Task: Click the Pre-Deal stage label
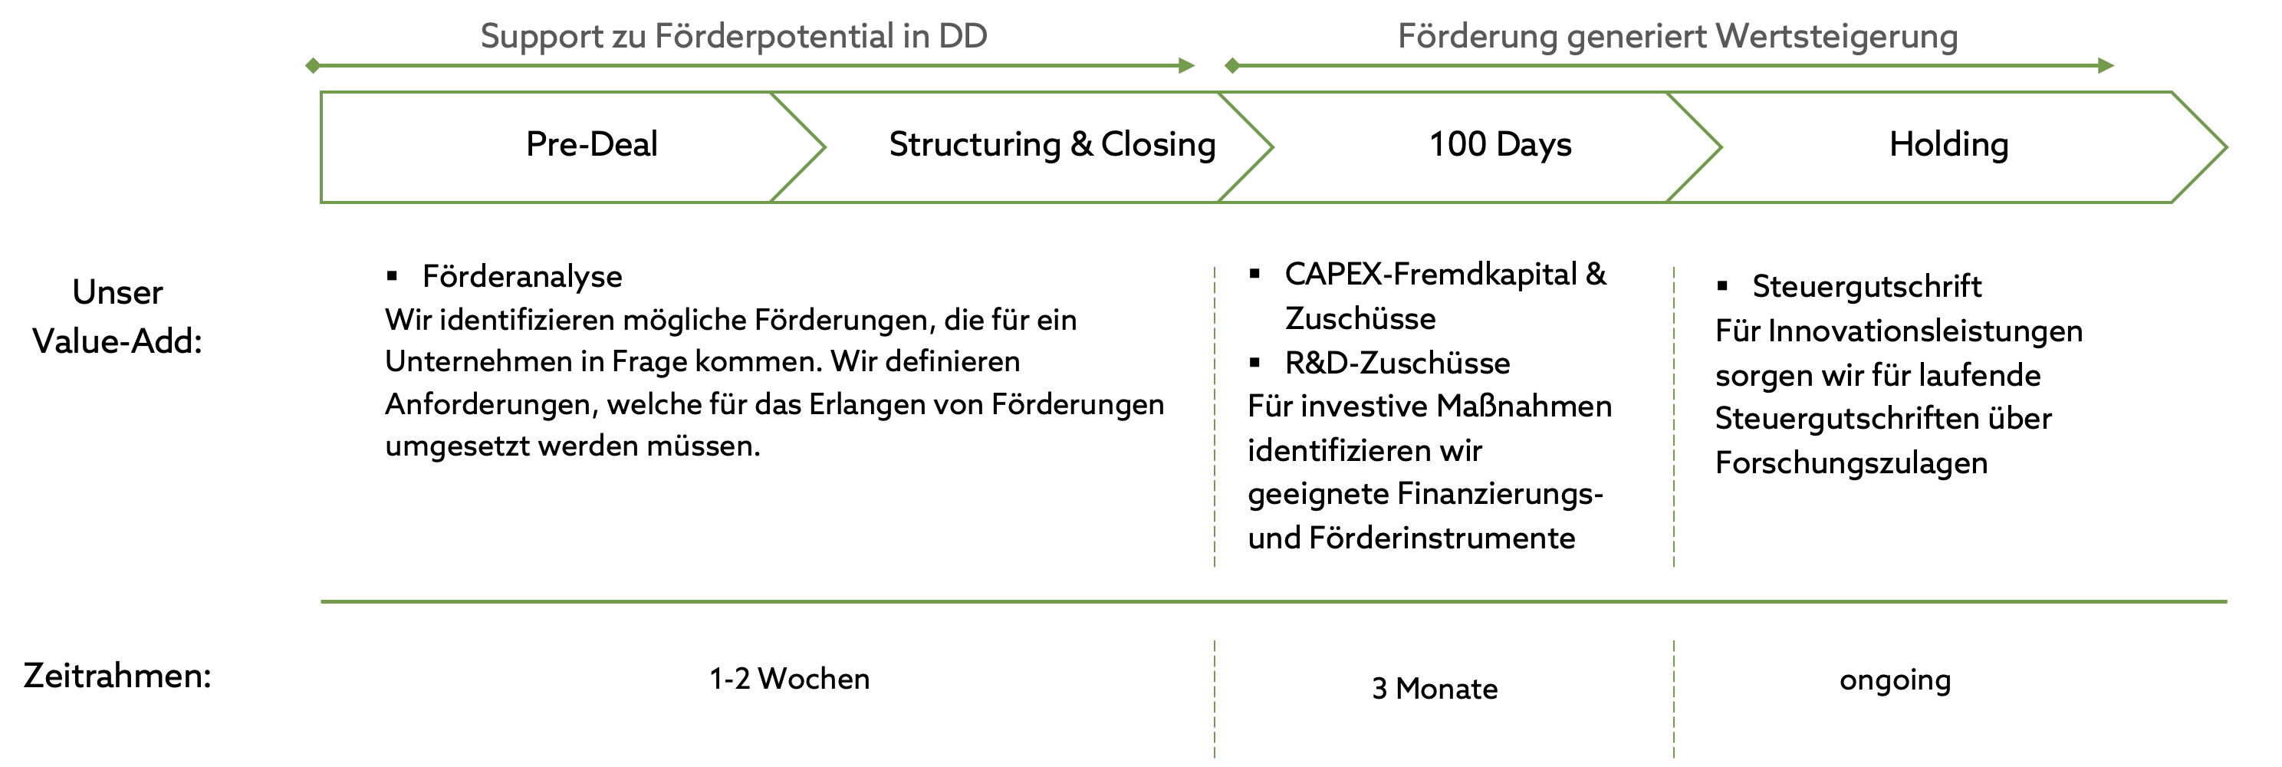[x=592, y=144]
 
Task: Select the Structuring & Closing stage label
[x=1052, y=144]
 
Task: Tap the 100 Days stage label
[x=1501, y=144]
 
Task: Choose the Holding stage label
[x=1949, y=144]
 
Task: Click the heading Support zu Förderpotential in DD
[x=734, y=36]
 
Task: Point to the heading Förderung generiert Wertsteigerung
[x=1678, y=36]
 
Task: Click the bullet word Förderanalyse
[x=521, y=276]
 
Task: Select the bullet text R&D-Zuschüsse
[x=1397, y=362]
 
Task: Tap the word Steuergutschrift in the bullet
[x=1866, y=286]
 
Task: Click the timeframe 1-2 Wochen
[x=789, y=679]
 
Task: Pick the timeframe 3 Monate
[x=1434, y=688]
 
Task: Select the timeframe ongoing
[x=1895, y=680]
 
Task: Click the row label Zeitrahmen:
[x=117, y=676]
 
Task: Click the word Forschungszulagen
[x=1852, y=463]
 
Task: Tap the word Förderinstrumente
[x=1442, y=538]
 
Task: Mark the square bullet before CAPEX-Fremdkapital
[x=1254, y=274]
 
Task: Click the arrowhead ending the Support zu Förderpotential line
[x=1187, y=65]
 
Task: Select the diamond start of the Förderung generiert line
[x=1231, y=65]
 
